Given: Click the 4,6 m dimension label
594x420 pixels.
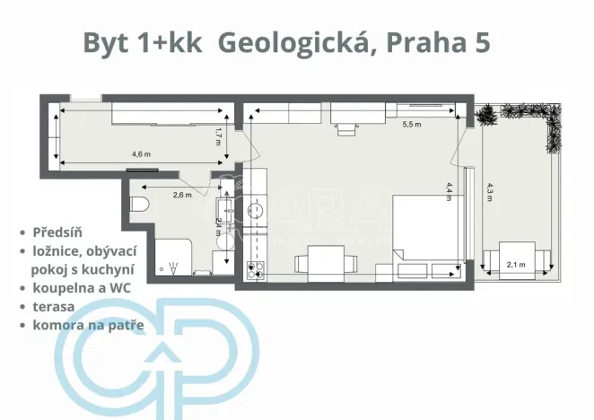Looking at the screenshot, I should [141, 153].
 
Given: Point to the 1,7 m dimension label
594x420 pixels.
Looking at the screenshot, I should [217, 136].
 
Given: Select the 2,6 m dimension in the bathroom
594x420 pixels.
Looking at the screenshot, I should [182, 194].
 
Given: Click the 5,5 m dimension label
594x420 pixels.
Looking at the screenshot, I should [412, 123].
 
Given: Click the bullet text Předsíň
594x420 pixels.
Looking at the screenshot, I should [59, 231].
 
